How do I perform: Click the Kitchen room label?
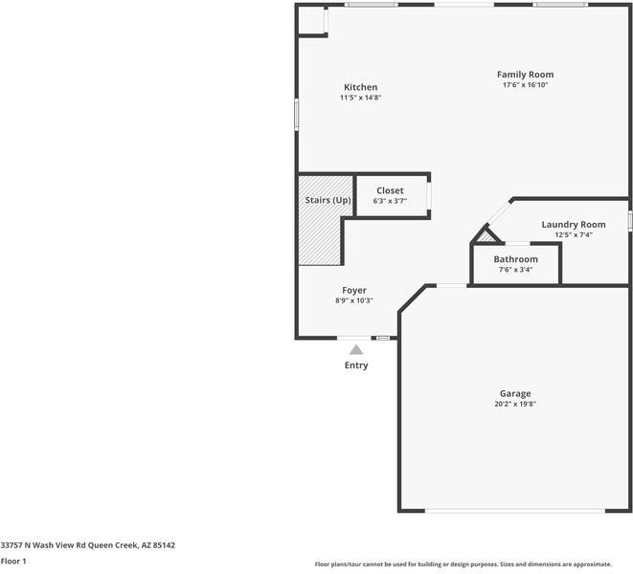click(x=360, y=87)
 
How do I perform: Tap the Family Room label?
click(x=525, y=75)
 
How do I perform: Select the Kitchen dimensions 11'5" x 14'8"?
click(x=360, y=98)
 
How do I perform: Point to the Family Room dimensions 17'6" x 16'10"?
click(x=525, y=85)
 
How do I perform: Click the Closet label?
click(x=390, y=190)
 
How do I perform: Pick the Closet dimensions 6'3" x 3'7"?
click(x=390, y=201)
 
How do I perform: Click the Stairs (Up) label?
click(x=328, y=200)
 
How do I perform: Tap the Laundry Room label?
click(x=573, y=225)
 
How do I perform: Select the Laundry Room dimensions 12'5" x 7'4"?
click(x=573, y=235)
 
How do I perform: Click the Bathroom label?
click(x=515, y=259)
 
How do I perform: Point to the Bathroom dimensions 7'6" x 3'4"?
click(x=515, y=270)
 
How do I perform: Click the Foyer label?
click(x=354, y=290)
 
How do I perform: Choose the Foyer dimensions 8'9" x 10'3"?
click(x=354, y=300)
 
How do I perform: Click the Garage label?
click(x=514, y=393)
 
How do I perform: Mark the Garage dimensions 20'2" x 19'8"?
click(x=514, y=404)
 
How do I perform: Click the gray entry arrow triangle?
click(x=356, y=350)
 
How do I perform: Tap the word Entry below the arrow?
click(x=356, y=365)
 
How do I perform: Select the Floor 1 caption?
click(x=13, y=561)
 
